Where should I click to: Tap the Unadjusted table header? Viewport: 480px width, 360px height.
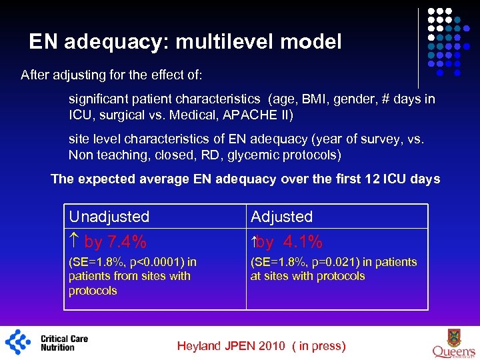[109, 217]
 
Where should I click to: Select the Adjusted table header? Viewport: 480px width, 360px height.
[281, 217]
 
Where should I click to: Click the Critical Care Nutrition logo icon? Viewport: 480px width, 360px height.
[19, 341]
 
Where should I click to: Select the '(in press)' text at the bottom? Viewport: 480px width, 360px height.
[321, 346]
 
